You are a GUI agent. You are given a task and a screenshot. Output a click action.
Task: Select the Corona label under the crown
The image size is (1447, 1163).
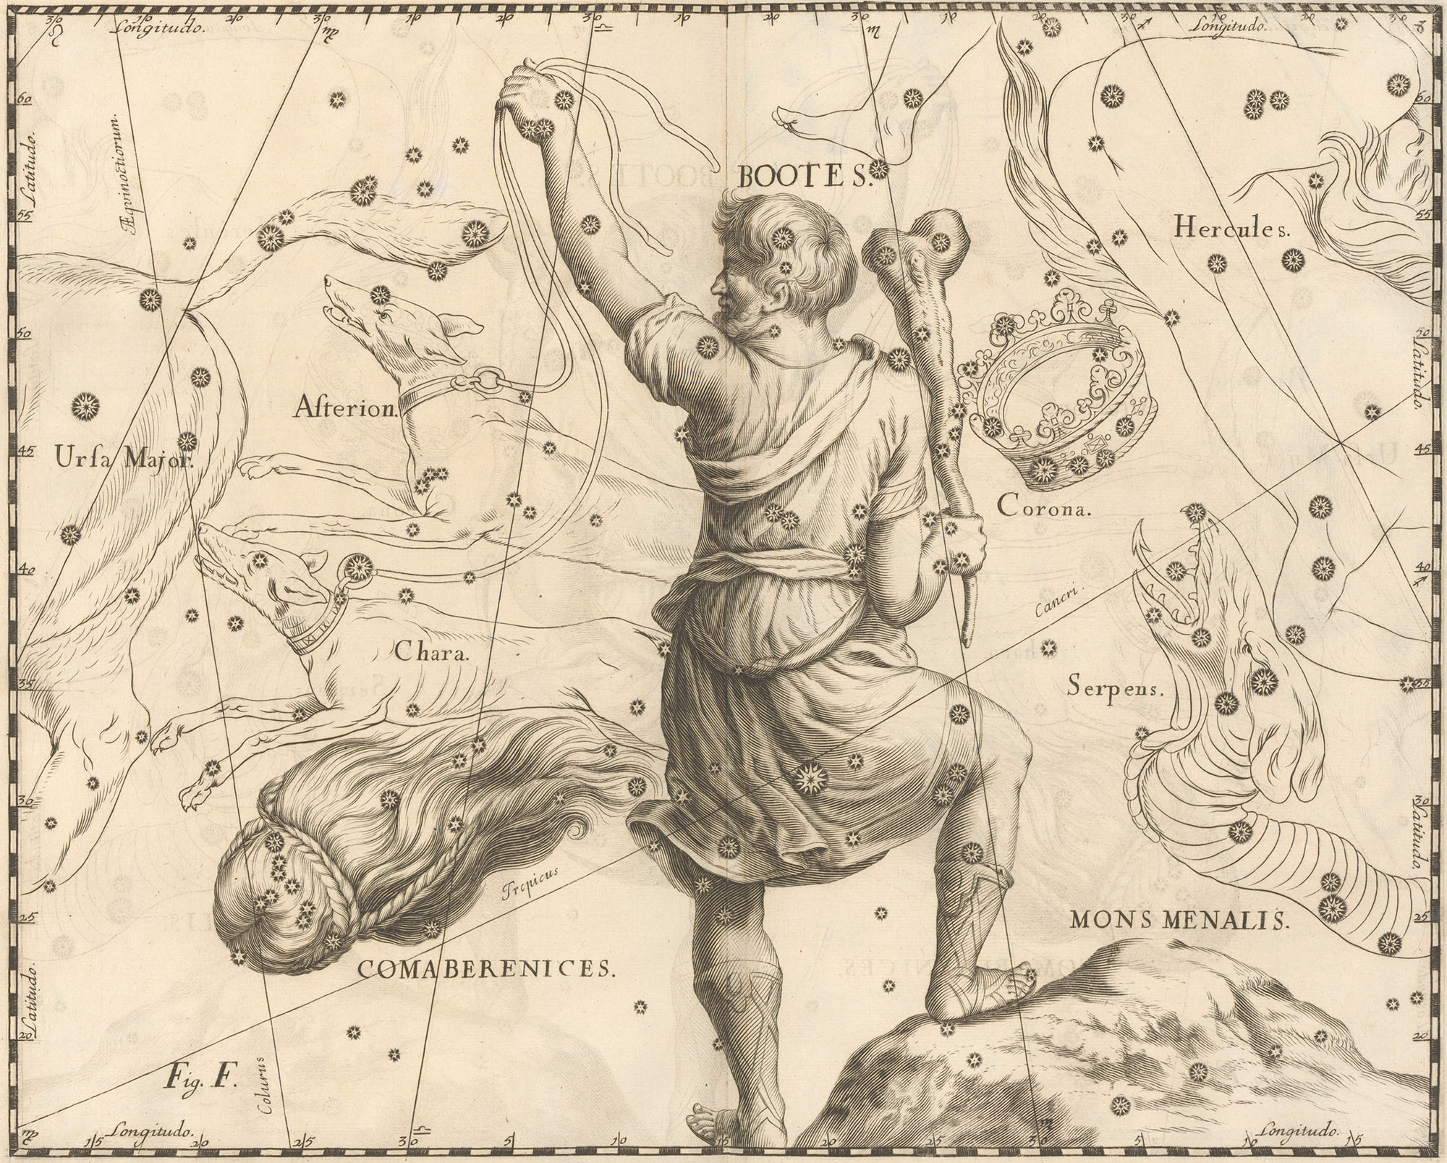click(x=1043, y=508)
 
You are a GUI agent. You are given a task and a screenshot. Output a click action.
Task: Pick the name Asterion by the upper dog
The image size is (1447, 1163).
click(x=346, y=410)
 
